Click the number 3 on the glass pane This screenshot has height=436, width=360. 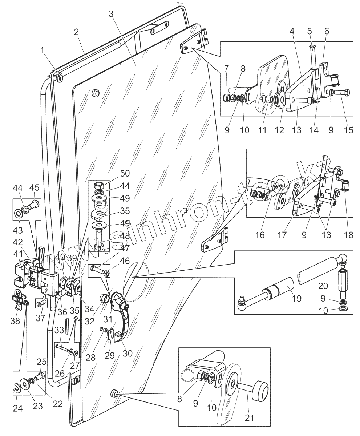(111, 14)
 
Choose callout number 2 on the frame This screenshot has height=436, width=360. (76, 32)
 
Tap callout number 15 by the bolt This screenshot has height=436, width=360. (348, 130)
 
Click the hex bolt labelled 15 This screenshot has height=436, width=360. (343, 93)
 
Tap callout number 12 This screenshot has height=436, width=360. (279, 130)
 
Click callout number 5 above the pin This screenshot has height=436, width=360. (309, 32)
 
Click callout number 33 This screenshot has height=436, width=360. (59, 330)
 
